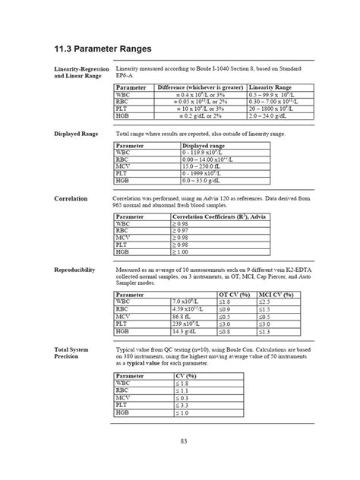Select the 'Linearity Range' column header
tap(271, 88)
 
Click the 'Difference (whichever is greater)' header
tap(201, 88)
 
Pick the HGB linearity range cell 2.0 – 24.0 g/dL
tap(272, 116)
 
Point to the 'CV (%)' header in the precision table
tap(187, 377)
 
